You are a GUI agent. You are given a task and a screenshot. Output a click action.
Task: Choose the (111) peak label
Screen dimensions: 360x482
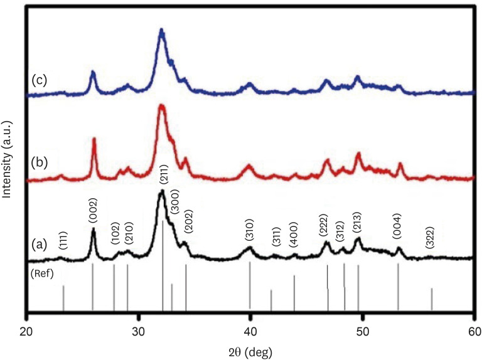point(63,240)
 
